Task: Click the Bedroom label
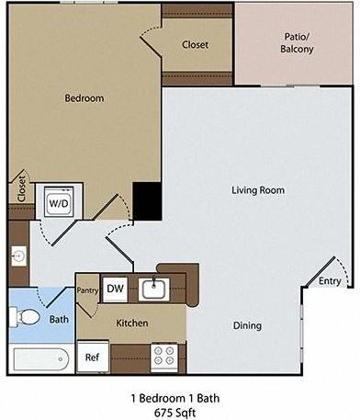(x=84, y=98)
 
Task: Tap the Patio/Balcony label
(x=297, y=43)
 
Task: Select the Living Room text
(x=258, y=190)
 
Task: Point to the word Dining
(x=247, y=325)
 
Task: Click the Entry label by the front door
(x=330, y=281)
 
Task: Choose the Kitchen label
(x=132, y=323)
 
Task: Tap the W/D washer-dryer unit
(x=59, y=201)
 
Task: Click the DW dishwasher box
(x=115, y=289)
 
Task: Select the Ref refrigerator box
(x=93, y=357)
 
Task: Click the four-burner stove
(x=164, y=356)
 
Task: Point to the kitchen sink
(x=154, y=289)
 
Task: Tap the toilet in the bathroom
(x=25, y=317)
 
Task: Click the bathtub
(x=41, y=359)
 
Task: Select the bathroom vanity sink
(x=19, y=255)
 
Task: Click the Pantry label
(x=87, y=290)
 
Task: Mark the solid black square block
(x=147, y=201)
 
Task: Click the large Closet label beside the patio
(x=196, y=45)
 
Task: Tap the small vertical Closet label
(x=22, y=188)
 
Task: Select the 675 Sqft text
(x=175, y=413)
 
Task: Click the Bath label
(x=59, y=319)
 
